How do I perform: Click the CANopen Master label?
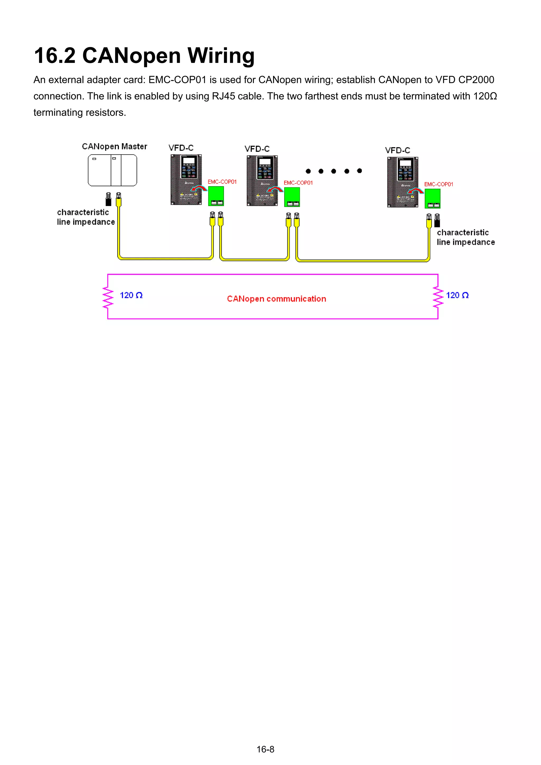point(114,147)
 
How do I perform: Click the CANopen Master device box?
point(112,170)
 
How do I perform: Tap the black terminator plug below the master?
point(108,200)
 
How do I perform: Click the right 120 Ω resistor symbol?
point(438,297)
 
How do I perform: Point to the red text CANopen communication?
point(276,299)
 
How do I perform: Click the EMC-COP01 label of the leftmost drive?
point(222,182)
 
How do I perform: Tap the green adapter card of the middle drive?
point(292,197)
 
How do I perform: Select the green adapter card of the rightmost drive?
point(432,198)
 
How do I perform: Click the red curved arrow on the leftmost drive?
point(199,189)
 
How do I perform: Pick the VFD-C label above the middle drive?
point(257,149)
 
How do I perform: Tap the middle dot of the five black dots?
point(334,171)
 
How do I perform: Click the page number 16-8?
point(265,749)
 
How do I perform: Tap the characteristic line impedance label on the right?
point(465,237)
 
